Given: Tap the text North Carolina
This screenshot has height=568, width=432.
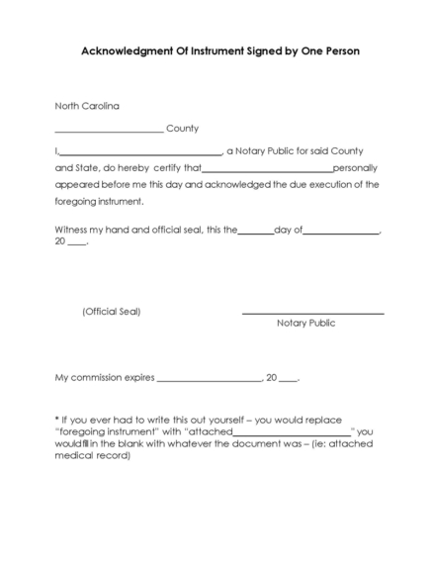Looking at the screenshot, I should tap(87, 105).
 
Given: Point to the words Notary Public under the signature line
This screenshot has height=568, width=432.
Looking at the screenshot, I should tap(306, 323).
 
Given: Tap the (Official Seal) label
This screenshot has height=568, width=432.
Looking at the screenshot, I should tap(111, 312).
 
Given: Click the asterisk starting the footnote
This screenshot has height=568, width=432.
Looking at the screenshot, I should tap(57, 419).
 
